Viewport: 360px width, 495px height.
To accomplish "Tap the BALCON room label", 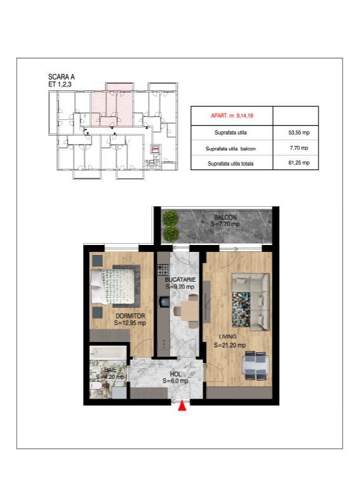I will (225, 217).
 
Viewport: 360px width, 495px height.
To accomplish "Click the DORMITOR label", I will (130, 315).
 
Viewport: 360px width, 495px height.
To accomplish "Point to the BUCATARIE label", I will (180, 279).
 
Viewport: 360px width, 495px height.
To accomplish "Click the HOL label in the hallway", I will (175, 374).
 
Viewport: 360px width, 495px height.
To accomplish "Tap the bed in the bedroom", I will (114, 285).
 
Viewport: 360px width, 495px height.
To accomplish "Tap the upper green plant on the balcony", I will (170, 219).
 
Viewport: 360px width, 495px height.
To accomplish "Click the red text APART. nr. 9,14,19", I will (232, 115).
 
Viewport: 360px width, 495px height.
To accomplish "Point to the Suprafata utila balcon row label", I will (231, 148).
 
